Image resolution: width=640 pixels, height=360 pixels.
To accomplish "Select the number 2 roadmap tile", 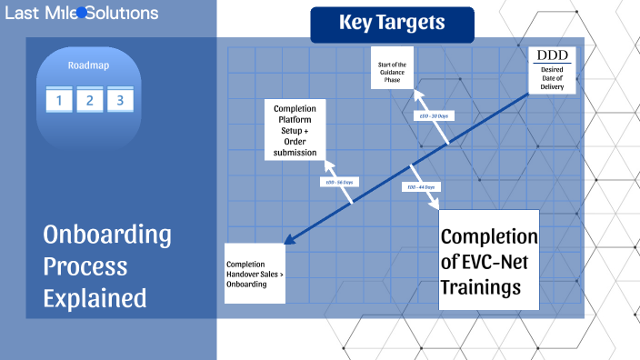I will coord(89,100).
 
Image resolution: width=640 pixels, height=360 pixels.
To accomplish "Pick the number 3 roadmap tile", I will coord(119,100).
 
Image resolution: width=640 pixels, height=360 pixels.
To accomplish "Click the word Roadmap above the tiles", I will coord(88,65).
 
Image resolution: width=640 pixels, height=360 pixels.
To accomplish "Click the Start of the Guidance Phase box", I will coord(392,70).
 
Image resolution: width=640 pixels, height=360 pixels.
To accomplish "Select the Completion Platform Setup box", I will coord(295,130).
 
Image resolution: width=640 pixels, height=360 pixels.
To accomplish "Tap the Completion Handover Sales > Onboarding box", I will coord(254,273).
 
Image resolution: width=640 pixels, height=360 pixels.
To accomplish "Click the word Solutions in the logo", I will coord(123,13).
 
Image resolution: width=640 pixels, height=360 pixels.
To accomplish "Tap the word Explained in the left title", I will coord(95,296).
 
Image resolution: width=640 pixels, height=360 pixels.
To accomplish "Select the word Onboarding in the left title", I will coord(107,235).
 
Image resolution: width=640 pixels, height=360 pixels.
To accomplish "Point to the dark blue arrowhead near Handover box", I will coord(289,240).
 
